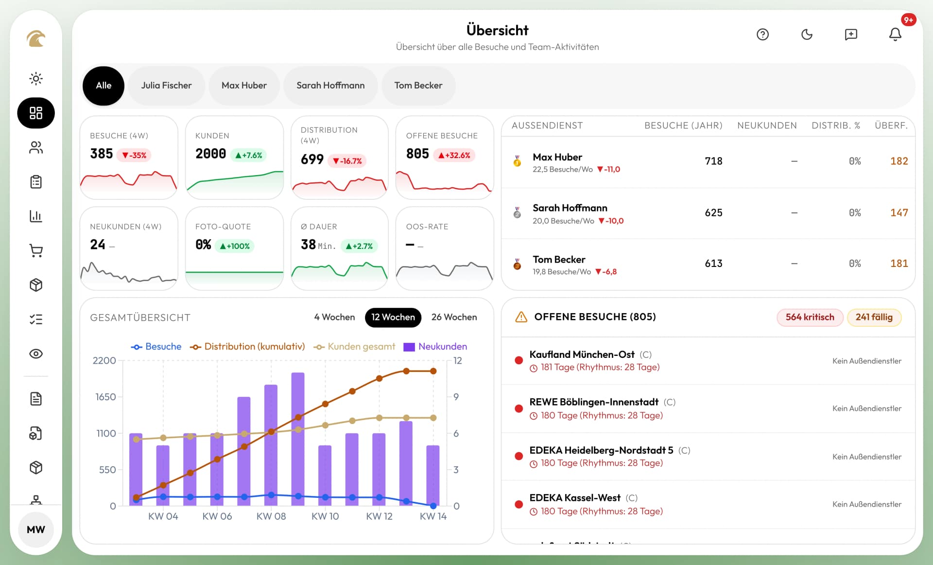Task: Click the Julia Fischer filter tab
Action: (166, 86)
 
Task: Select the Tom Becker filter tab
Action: (418, 86)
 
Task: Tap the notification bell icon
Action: (895, 35)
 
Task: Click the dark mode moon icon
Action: (807, 35)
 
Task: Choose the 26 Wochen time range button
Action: (454, 317)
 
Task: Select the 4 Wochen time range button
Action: (334, 317)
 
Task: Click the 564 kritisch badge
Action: (810, 317)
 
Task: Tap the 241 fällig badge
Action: (874, 317)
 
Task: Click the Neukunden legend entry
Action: (435, 347)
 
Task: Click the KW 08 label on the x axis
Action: (271, 516)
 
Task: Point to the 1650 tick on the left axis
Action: (105, 397)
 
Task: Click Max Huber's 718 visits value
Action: (713, 161)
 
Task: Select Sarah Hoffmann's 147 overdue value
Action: (898, 212)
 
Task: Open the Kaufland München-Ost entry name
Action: (582, 354)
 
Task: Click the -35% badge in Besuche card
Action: (134, 155)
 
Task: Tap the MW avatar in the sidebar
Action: (36, 530)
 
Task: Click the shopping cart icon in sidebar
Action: (36, 251)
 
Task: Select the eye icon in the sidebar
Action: (36, 354)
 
